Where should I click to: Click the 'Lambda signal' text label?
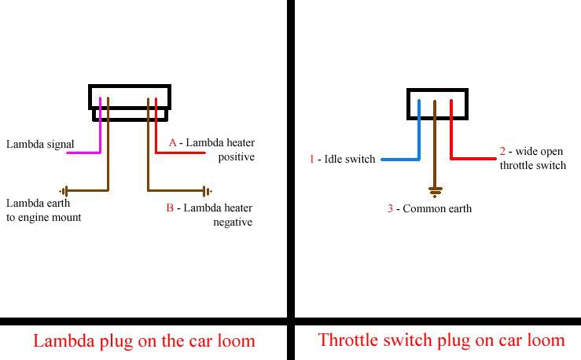[40, 144]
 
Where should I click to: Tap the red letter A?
[173, 143]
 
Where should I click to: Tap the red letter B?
[170, 208]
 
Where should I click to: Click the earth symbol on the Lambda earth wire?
[64, 191]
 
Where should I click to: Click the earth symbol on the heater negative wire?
[207, 191]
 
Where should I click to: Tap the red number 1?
[311, 160]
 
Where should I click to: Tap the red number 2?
[502, 151]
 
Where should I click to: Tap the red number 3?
[389, 209]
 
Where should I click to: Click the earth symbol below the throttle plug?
[434, 191]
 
